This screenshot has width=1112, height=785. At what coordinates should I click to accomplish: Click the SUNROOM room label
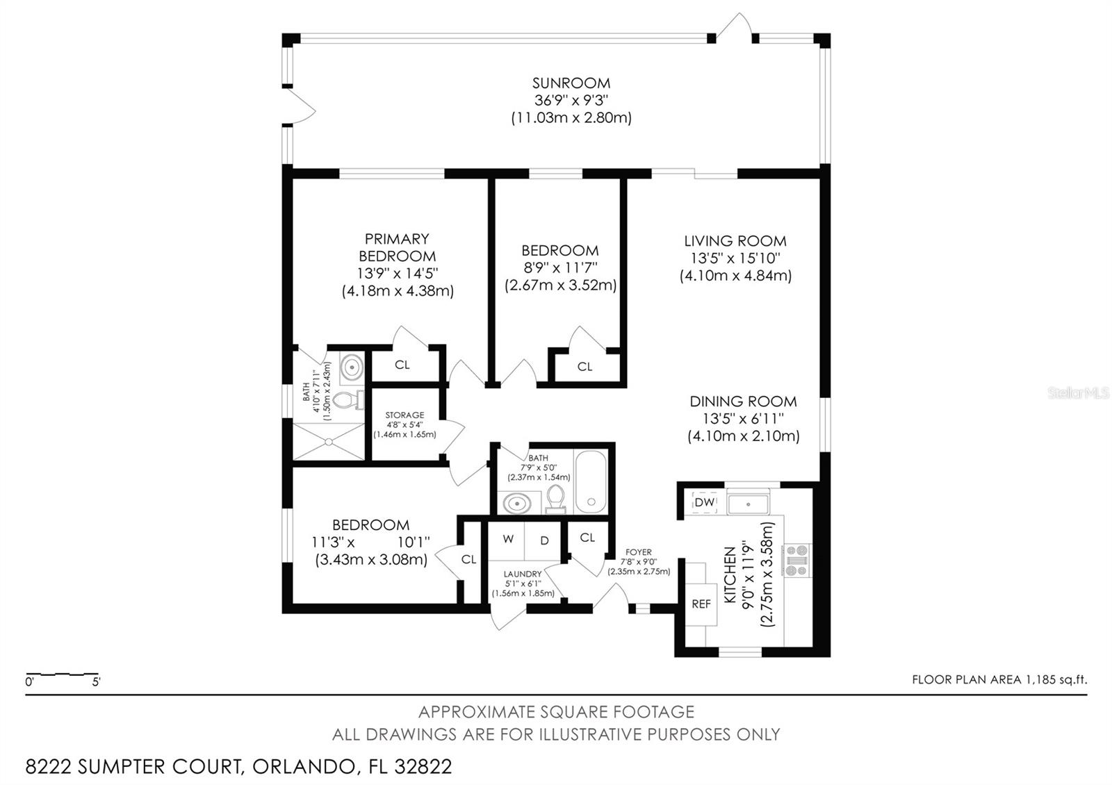point(571,83)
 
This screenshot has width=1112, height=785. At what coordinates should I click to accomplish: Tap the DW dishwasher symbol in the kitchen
point(704,502)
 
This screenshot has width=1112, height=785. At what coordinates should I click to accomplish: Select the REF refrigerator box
point(701,604)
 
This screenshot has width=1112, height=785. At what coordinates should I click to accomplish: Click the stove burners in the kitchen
point(796,560)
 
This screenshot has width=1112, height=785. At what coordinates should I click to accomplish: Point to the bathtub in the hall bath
point(590,482)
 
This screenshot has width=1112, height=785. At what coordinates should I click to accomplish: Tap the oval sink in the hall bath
point(517,502)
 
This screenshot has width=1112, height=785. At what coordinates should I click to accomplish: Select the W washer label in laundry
point(508,539)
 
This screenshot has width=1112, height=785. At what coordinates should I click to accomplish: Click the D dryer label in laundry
point(544,539)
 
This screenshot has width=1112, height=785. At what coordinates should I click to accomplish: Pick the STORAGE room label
point(404,415)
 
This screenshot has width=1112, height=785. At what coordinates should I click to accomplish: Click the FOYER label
point(638,552)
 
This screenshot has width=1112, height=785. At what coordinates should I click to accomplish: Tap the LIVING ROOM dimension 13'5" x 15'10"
point(735,258)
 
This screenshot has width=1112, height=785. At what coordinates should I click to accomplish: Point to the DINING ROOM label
point(743,402)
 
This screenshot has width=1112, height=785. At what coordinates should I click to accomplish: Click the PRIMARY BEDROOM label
point(397,247)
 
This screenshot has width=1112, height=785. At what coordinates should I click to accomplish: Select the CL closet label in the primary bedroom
point(402,365)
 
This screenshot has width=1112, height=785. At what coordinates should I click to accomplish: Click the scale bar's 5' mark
point(96,681)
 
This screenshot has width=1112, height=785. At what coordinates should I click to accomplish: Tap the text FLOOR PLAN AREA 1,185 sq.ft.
point(999,680)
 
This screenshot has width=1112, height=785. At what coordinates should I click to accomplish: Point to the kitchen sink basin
point(748,503)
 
